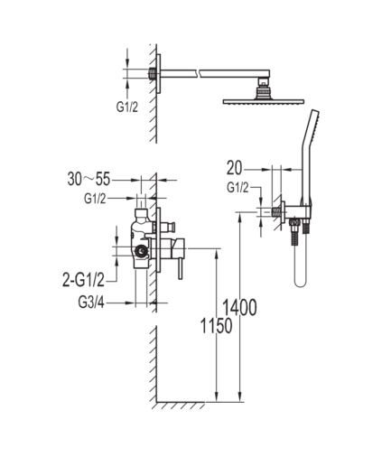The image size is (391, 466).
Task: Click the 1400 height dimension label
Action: (x=239, y=308)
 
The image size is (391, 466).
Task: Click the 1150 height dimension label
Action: (x=216, y=326)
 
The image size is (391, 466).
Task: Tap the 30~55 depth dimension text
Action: (x=88, y=179)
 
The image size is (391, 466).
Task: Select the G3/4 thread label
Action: (x=91, y=303)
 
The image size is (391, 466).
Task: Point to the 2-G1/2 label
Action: (x=83, y=280)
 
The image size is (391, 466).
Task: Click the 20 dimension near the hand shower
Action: (x=234, y=168)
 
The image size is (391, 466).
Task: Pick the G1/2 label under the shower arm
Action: (x=127, y=107)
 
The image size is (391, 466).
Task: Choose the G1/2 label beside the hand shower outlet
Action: (x=237, y=188)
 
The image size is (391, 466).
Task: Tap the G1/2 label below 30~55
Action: (x=95, y=199)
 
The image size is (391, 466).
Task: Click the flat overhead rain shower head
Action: (x=264, y=102)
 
